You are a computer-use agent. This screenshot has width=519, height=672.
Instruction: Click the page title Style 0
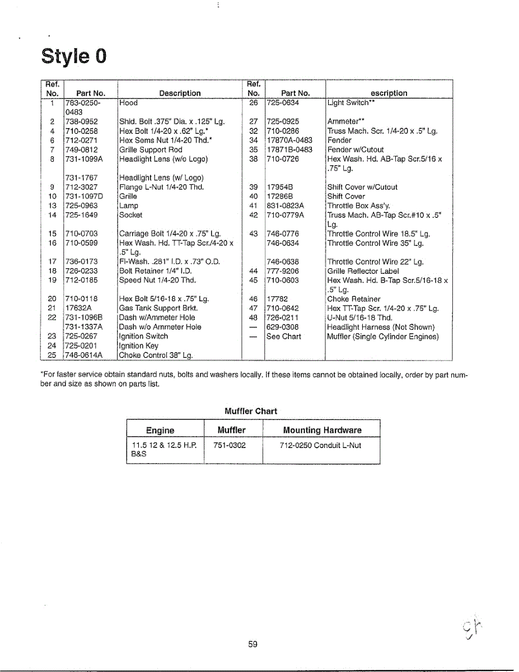point(73,57)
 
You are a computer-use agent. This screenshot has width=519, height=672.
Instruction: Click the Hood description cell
point(128,103)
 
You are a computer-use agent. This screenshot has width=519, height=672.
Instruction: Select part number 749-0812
point(82,150)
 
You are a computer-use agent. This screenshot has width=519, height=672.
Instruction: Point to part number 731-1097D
point(84,197)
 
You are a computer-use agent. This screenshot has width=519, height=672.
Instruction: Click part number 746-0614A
point(84,355)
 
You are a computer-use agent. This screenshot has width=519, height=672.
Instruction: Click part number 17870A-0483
point(289,140)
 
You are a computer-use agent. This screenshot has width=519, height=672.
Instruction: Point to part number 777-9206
point(283,271)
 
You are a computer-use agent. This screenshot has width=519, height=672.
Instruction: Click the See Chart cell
point(284,337)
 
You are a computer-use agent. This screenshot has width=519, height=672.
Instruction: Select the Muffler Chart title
point(250,411)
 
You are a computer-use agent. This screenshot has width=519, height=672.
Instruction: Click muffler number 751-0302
point(230,446)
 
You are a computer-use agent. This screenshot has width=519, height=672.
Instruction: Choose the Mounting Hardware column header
point(322,430)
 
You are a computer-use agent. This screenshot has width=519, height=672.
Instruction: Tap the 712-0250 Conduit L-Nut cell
point(320,446)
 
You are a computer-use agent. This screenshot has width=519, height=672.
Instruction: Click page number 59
point(253,645)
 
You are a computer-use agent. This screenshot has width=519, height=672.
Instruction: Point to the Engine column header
point(160,430)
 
